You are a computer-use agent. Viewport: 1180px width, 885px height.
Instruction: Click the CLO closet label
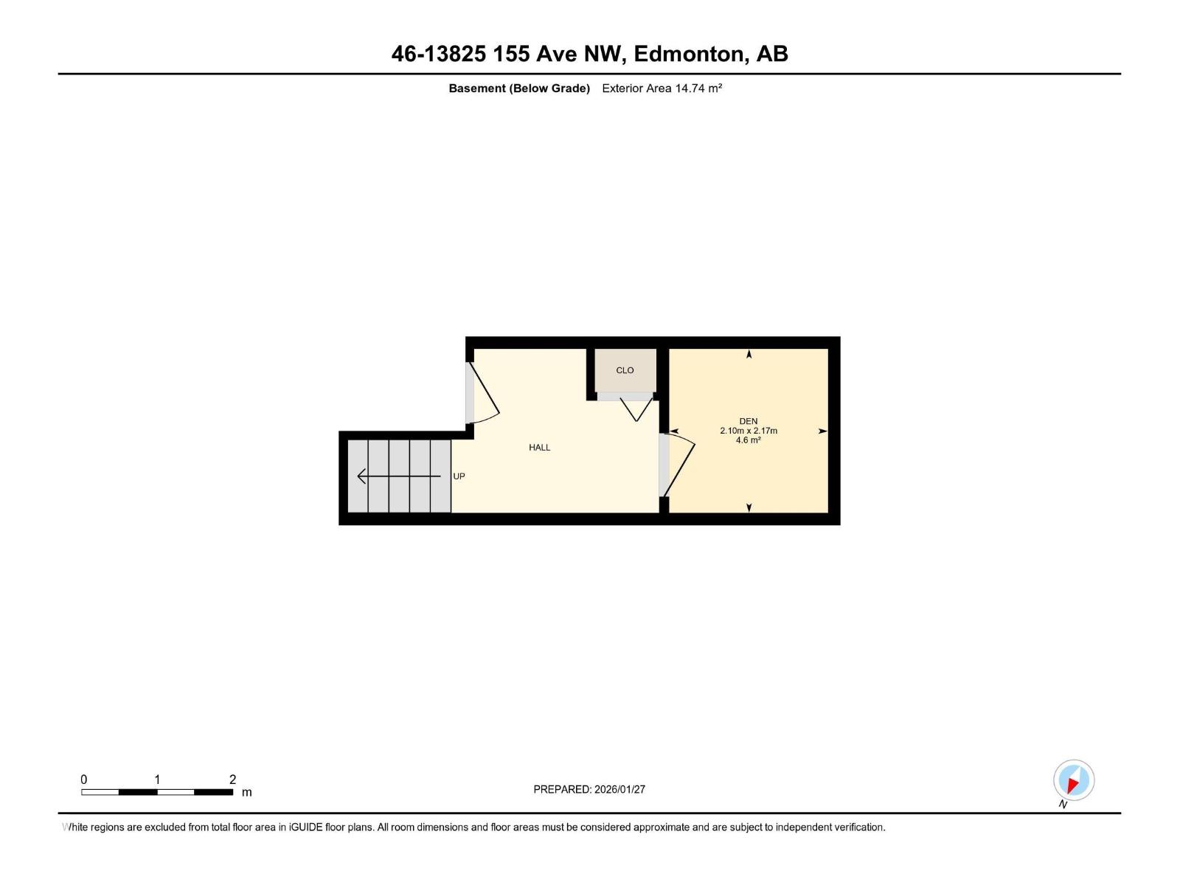click(625, 370)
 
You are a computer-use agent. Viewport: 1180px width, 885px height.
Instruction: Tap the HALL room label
click(539, 448)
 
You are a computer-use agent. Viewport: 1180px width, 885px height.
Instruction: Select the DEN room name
click(749, 421)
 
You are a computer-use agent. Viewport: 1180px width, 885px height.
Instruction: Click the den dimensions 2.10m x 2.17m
click(749, 431)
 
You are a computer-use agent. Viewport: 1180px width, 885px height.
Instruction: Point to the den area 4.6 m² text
click(749, 440)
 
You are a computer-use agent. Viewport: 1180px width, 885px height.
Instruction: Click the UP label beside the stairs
click(459, 476)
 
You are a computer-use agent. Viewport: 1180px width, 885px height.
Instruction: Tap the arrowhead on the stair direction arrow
click(361, 476)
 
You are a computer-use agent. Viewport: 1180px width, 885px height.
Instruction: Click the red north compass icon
click(1073, 780)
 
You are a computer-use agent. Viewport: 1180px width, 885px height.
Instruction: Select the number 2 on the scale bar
click(232, 780)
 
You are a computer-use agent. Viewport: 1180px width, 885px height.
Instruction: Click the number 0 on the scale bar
click(84, 780)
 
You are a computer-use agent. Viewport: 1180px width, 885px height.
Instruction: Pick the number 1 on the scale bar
click(157, 780)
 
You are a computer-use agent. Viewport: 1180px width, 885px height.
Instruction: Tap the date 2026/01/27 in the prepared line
click(619, 789)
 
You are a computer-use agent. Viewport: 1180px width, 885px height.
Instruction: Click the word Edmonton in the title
click(688, 54)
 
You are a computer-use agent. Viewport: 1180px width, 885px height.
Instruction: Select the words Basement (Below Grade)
click(519, 88)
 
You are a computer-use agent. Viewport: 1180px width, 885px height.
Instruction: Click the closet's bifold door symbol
click(636, 409)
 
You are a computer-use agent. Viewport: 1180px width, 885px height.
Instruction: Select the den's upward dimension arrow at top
click(749, 355)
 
